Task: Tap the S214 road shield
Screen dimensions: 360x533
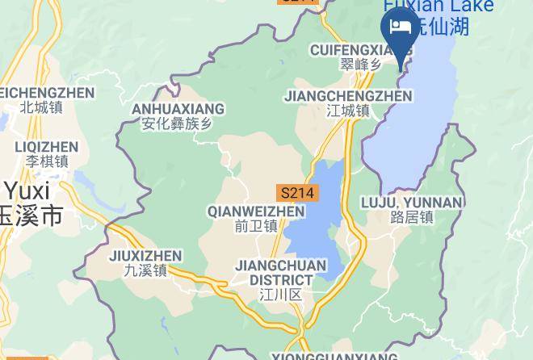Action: click(x=298, y=194)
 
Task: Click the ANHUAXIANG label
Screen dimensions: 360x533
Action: click(x=178, y=109)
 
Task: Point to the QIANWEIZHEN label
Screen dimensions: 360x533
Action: click(x=256, y=211)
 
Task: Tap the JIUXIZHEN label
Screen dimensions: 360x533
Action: click(x=145, y=256)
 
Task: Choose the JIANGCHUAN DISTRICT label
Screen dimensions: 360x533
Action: click(x=281, y=273)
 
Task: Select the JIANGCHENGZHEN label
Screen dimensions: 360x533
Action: click(x=348, y=96)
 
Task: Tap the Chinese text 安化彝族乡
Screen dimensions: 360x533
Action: click(x=177, y=124)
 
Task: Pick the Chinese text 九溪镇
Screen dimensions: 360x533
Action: click(x=145, y=271)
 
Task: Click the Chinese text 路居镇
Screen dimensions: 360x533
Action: click(x=412, y=217)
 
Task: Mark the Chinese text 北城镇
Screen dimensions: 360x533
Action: click(x=41, y=107)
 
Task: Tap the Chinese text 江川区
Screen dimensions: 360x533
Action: click(x=281, y=295)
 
